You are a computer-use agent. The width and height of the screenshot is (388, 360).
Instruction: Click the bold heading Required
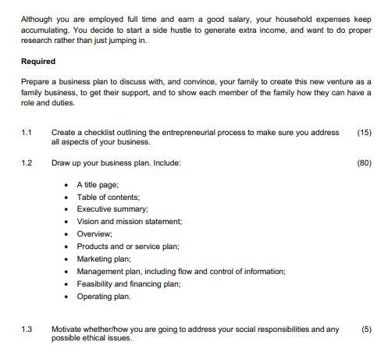pos(38,61)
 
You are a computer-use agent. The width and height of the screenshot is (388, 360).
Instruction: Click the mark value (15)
pos(364,133)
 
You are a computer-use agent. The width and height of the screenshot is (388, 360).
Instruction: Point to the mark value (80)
pos(364,162)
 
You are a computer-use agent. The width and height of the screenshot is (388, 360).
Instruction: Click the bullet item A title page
pos(98,184)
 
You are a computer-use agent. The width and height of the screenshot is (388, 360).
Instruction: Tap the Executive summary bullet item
pos(112,209)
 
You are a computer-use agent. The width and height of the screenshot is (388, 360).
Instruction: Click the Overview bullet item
pos(94,234)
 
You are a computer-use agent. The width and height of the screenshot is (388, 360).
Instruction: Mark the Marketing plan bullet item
pos(104,259)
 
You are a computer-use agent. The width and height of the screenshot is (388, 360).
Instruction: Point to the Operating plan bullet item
pos(104,297)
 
